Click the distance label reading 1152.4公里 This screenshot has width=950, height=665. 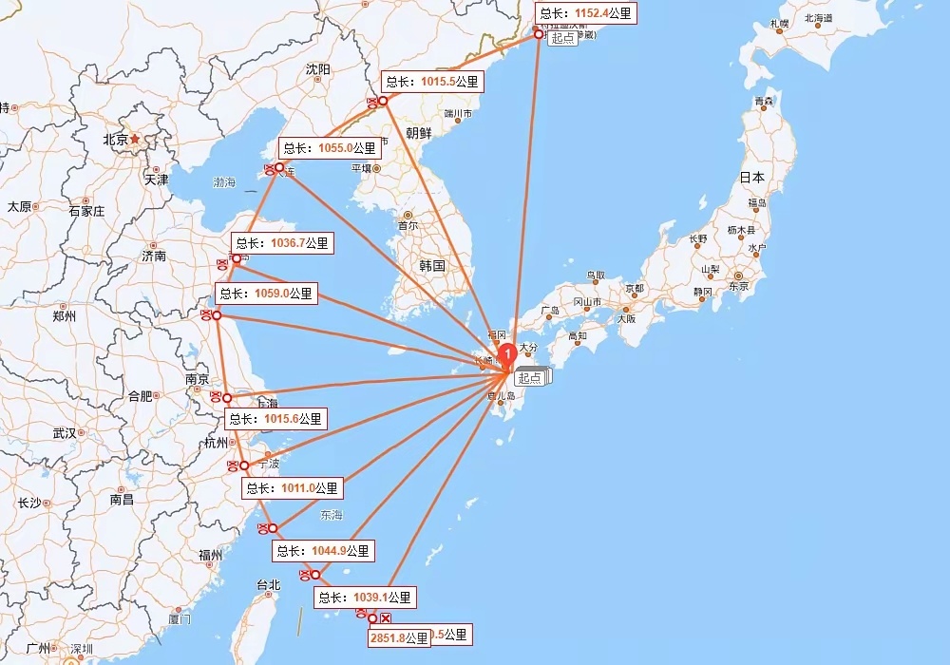click(x=583, y=13)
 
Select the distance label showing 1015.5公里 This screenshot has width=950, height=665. click(x=432, y=83)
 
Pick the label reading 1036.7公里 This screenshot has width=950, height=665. click(x=282, y=244)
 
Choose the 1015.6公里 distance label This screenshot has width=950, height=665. click(x=275, y=419)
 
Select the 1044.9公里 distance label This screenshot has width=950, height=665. click(x=324, y=550)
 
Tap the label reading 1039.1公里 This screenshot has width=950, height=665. click(x=366, y=598)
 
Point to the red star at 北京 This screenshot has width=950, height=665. click(x=135, y=139)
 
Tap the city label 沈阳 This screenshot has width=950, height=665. click(x=318, y=69)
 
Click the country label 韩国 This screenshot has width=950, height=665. click(x=432, y=266)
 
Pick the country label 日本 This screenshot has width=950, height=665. click(x=752, y=178)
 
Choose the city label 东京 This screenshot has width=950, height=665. click(x=738, y=286)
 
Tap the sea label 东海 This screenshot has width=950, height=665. click(x=331, y=515)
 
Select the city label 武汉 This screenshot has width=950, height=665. click(x=65, y=433)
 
